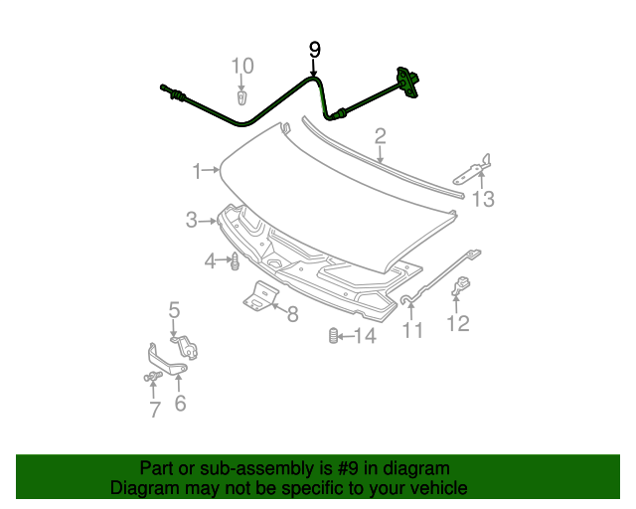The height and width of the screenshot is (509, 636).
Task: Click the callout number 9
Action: pyautogui.click(x=315, y=49)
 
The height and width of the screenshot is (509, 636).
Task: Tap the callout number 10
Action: pyautogui.click(x=242, y=67)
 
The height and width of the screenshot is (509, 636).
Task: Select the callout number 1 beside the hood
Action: pyautogui.click(x=198, y=169)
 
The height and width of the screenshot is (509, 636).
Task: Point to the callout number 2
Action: pyautogui.click(x=380, y=135)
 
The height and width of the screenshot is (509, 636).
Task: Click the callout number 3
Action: pyautogui.click(x=192, y=221)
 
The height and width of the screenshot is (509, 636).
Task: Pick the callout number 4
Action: pyautogui.click(x=211, y=261)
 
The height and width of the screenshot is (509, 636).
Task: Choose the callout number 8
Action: pyautogui.click(x=292, y=315)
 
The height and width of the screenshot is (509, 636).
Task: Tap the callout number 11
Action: pyautogui.click(x=412, y=330)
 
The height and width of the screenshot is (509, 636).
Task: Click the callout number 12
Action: pyautogui.click(x=458, y=323)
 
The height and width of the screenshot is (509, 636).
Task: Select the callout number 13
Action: pyautogui.click(x=483, y=200)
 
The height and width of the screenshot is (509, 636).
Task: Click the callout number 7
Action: pyautogui.click(x=154, y=410)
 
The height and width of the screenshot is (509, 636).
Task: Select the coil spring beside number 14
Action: pyautogui.click(x=333, y=336)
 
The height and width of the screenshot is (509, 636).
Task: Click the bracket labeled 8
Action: pyautogui.click(x=261, y=296)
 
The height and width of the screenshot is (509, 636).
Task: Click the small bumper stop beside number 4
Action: pyautogui.click(x=235, y=263)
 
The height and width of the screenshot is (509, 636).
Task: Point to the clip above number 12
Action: pyautogui.click(x=461, y=286)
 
